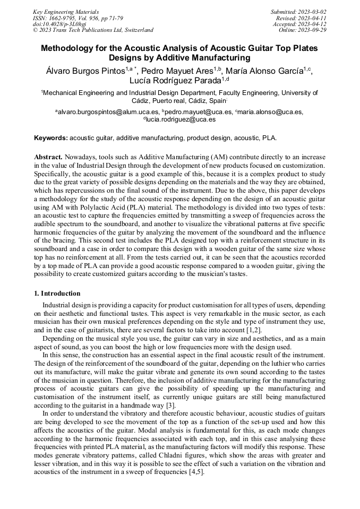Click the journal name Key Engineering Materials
66,12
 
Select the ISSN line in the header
78,18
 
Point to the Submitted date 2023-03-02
299,12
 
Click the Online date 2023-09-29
303,30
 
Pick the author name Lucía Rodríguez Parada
176,81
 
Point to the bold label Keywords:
50,138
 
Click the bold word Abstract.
49,158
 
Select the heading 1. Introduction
57,294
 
